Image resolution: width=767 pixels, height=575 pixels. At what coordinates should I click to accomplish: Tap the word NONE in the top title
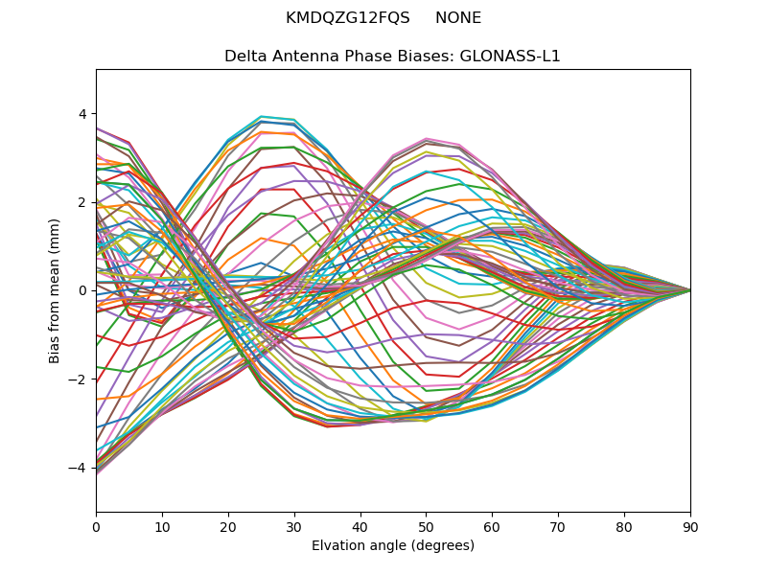pos(458,18)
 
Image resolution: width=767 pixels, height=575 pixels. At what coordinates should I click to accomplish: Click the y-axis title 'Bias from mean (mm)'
pos(55,289)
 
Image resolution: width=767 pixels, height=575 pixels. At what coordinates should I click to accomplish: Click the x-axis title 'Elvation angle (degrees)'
pos(393,546)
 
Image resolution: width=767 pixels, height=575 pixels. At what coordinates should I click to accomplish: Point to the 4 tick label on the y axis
pos(81,114)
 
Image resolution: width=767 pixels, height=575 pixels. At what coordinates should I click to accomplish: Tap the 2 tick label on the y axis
pos(81,202)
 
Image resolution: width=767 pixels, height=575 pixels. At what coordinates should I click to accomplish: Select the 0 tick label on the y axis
pos(81,290)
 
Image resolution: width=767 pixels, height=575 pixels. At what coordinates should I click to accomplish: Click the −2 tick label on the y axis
pos(78,379)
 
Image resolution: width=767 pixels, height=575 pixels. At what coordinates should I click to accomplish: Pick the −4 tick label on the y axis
pos(78,468)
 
